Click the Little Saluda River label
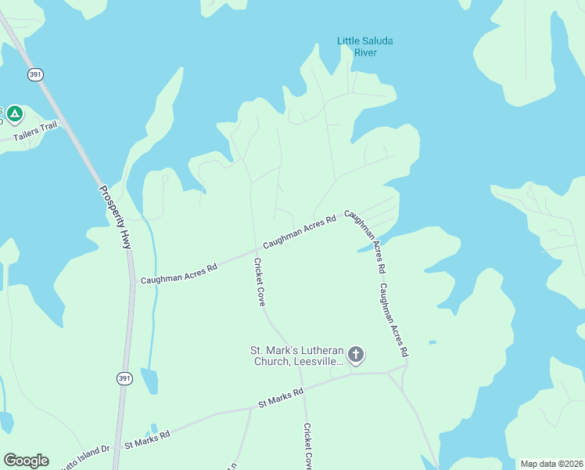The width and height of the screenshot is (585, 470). coord(365,46)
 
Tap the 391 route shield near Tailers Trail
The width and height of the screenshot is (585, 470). coord(35,74)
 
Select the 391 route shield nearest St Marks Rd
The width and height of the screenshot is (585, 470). coord(124,378)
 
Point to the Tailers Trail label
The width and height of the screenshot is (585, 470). coord(35,131)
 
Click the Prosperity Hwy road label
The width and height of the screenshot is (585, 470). coord(114,217)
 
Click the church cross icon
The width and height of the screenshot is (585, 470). coord(356,356)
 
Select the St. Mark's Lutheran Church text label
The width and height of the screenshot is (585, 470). coord(296,356)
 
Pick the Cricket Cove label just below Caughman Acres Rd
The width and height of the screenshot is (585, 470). coord(260,282)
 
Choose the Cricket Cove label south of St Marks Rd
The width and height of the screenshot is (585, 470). coord(308,446)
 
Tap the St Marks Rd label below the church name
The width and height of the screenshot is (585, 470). coord(281,398)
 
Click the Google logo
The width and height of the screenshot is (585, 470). coord(26,461)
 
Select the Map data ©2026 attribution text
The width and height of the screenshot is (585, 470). coord(551,464)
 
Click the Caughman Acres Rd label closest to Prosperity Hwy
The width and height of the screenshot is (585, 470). coord(178,273)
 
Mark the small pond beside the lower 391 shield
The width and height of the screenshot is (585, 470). coord(149,381)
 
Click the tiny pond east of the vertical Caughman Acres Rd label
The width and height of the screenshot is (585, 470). coord(432,342)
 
